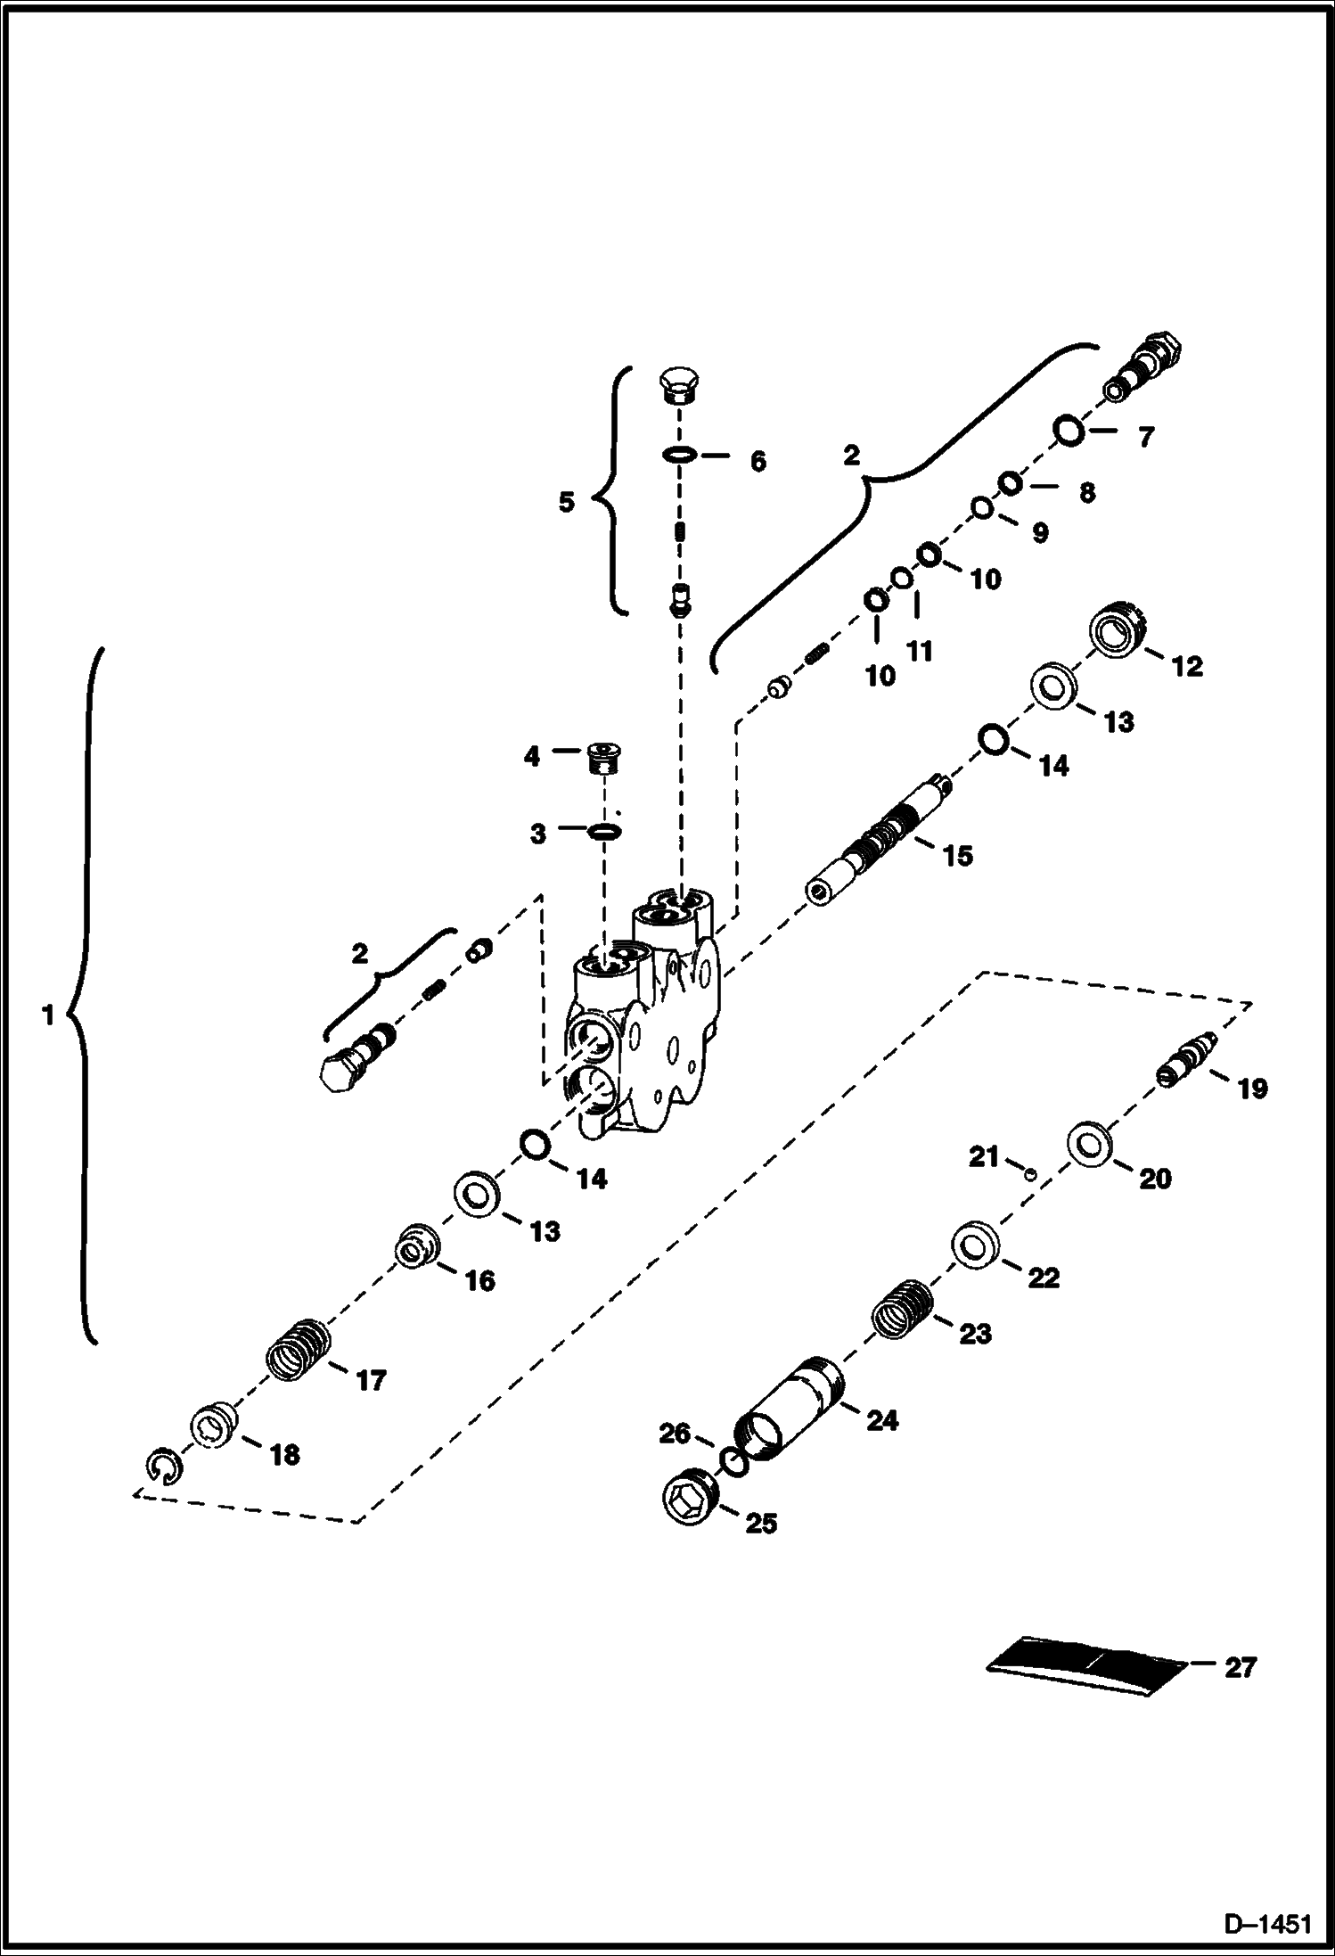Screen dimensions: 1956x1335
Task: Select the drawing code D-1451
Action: pos(1267,1926)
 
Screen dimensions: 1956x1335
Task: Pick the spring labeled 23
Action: pos(901,1309)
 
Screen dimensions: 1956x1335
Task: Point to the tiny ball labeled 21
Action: pos(1028,1175)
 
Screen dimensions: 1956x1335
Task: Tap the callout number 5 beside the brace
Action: pos(567,502)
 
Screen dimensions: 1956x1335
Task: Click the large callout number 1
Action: pos(48,1015)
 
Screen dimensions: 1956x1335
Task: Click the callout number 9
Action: pos(1039,533)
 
